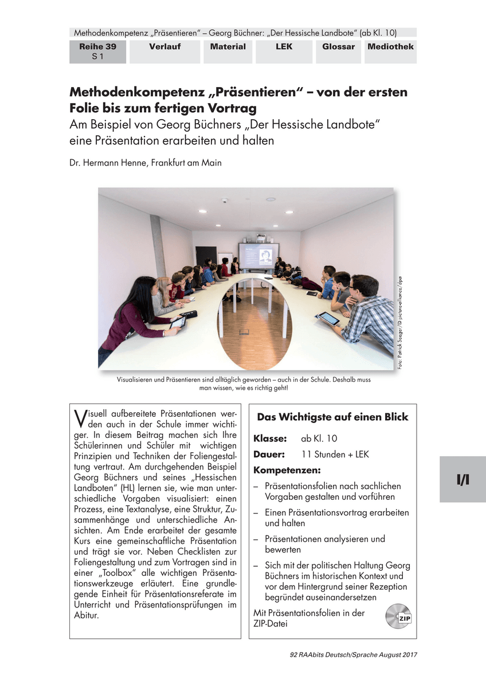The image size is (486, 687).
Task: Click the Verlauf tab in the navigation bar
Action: (165, 47)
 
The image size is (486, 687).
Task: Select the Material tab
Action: (228, 47)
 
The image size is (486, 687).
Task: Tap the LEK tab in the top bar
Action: (284, 47)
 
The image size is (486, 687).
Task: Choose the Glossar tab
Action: (338, 47)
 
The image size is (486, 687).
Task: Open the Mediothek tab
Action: (390, 47)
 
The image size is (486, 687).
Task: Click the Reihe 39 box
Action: (97, 52)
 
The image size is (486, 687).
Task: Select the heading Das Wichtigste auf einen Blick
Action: (332, 417)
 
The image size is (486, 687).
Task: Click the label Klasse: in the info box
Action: (270, 439)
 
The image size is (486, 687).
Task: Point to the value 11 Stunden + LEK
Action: (335, 455)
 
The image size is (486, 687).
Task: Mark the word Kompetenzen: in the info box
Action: (287, 471)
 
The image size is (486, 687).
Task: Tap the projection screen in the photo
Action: (258, 255)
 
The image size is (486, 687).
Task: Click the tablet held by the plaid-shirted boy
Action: (329, 318)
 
